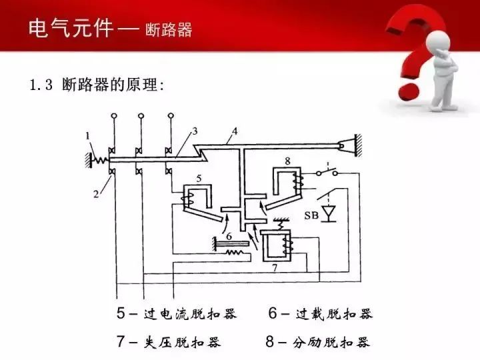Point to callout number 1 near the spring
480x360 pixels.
pyautogui.click(x=89, y=137)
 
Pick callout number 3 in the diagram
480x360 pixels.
pyautogui.click(x=195, y=131)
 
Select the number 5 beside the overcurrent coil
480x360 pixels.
pyautogui.click(x=199, y=178)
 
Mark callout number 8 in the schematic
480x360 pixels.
pyautogui.click(x=287, y=161)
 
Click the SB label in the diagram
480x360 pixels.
pyautogui.click(x=311, y=215)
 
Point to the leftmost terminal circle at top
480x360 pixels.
pyautogui.click(x=113, y=116)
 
